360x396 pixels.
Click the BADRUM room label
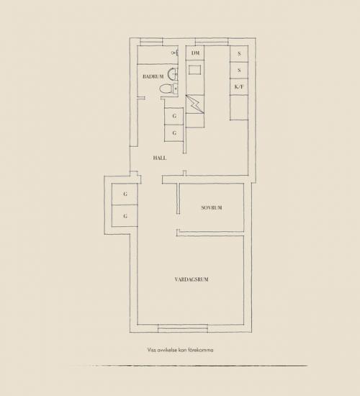click(153, 76)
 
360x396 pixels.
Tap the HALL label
click(160, 158)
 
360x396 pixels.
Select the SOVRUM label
click(212, 207)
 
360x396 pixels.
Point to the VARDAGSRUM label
click(192, 279)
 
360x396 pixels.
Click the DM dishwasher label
click(195, 53)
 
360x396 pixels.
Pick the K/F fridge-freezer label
click(239, 87)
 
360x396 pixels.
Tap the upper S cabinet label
click(239, 54)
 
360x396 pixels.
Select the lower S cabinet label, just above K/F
click(239, 71)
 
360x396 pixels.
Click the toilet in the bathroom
click(168, 89)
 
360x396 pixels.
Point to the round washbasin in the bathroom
click(174, 74)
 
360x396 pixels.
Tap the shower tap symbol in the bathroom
click(175, 53)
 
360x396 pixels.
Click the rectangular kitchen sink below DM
click(195, 70)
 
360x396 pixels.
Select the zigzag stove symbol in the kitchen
click(195, 104)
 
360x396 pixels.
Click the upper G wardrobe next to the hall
click(174, 116)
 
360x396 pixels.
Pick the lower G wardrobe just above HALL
click(174, 133)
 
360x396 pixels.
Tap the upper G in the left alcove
click(125, 194)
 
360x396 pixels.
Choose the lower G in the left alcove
click(125, 216)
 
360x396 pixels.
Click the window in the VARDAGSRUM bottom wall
click(183, 328)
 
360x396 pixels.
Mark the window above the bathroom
click(151, 42)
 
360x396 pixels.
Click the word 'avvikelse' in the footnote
click(167, 350)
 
